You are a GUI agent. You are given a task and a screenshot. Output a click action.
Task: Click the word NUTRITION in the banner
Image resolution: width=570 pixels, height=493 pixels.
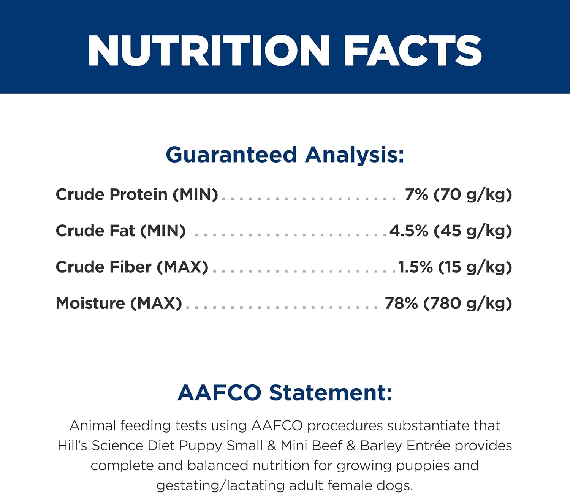click(209, 51)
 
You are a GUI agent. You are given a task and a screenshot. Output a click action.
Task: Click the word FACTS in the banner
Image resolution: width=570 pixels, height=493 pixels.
click(413, 51)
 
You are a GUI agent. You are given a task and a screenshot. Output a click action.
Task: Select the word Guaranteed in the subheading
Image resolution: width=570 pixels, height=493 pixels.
click(231, 155)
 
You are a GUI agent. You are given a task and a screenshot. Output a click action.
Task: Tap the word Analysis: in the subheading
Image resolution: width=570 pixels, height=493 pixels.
click(355, 155)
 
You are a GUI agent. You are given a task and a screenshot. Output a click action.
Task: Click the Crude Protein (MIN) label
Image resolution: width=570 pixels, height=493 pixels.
click(137, 194)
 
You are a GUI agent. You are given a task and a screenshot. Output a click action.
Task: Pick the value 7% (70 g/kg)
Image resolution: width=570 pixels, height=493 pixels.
click(458, 194)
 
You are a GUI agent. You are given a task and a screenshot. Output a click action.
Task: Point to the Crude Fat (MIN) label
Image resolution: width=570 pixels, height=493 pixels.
click(120, 231)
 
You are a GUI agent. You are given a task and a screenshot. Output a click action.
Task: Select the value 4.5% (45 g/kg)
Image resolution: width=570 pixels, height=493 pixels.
click(451, 231)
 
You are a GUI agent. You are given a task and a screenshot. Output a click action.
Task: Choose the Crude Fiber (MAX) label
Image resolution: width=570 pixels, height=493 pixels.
click(132, 267)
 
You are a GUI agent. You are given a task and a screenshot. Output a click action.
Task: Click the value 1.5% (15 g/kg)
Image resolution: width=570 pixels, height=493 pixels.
click(455, 267)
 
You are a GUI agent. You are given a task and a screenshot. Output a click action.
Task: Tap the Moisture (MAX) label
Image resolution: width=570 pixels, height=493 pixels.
click(119, 303)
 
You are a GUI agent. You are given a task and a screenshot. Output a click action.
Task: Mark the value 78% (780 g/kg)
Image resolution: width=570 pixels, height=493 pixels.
click(448, 303)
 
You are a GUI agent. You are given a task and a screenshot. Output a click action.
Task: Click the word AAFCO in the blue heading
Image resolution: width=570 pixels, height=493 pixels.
click(219, 392)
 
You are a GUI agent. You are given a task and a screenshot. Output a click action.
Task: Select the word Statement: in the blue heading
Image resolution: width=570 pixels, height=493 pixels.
click(331, 392)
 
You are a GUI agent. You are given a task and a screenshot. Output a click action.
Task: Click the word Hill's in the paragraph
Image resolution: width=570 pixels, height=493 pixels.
click(73, 445)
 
